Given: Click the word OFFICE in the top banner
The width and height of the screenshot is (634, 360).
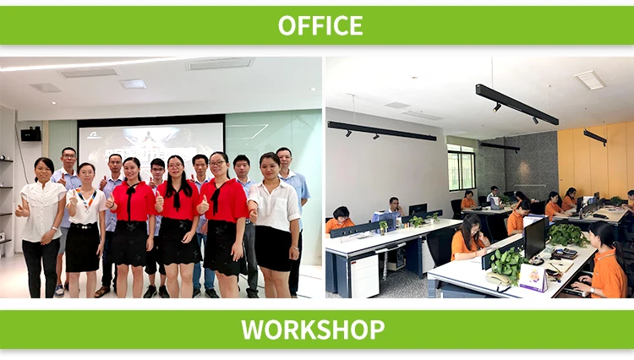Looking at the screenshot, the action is coord(320,25).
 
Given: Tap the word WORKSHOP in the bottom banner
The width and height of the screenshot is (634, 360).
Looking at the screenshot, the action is coord(313,330).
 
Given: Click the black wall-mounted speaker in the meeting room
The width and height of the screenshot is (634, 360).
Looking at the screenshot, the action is coord(30,134).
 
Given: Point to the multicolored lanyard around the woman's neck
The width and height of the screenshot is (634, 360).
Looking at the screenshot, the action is coord(87,198).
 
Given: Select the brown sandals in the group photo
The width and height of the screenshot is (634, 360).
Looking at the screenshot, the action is coord(101,292).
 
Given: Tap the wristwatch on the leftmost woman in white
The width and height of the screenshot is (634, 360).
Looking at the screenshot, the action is coord(55,229).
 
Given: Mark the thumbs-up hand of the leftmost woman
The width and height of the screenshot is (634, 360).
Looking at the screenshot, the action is coord(19,210).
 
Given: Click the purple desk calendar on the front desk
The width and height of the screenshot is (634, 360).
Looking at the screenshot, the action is coord(533,277).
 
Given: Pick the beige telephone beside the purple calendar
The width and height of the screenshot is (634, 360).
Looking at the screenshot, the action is coord(497,279).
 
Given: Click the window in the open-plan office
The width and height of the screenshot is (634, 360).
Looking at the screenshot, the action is coord(461,167).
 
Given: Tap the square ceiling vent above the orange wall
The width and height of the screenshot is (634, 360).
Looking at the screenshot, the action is coord(590,79).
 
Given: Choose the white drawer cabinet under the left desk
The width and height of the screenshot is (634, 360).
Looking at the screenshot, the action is coord(364,275).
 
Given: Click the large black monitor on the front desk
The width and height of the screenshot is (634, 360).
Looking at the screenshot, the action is coord(534,238).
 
